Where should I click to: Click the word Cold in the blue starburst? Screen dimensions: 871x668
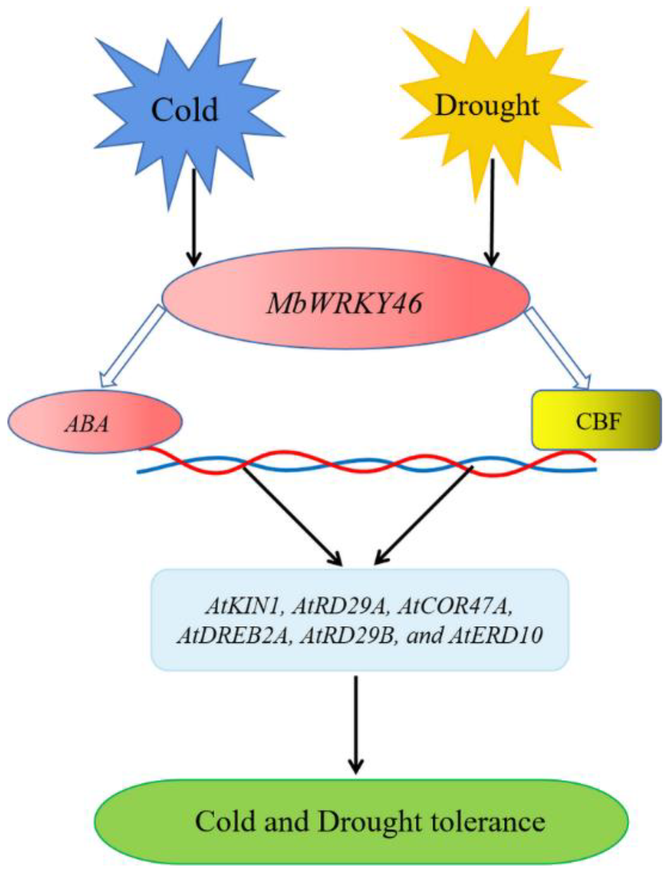[185, 110]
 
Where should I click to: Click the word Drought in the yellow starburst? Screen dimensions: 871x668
[487, 106]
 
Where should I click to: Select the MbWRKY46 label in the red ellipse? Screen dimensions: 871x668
[344, 305]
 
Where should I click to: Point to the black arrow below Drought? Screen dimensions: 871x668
[492, 211]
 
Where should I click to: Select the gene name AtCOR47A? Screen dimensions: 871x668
[453, 607]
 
